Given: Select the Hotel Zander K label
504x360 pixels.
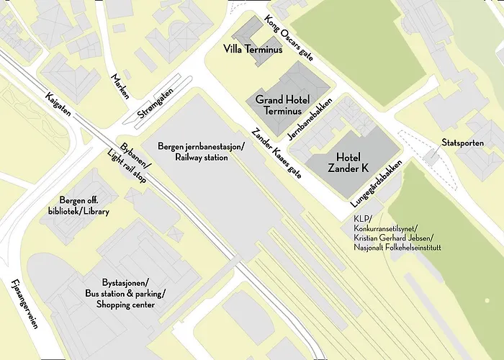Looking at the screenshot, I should pyautogui.click(x=348, y=163).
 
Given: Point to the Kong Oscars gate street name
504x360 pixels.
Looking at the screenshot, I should pyautogui.click(x=288, y=39).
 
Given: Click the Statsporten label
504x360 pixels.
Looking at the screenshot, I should pyautogui.click(x=462, y=143).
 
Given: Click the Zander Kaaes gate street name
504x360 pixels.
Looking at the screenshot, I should pyautogui.click(x=275, y=153).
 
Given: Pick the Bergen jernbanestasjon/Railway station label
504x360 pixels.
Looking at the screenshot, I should pyautogui.click(x=201, y=151).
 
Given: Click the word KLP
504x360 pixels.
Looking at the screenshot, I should pyautogui.click(x=360, y=219).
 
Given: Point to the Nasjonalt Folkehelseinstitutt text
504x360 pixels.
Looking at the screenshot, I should pyautogui.click(x=397, y=248).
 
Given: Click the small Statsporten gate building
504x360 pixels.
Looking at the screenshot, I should pyautogui.click(x=432, y=156).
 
